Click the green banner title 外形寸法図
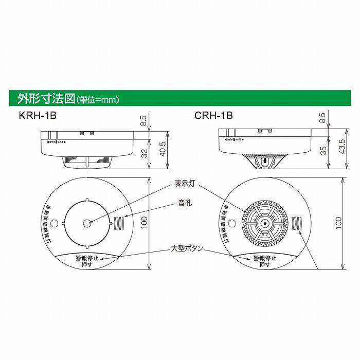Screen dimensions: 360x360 click(x=46, y=98)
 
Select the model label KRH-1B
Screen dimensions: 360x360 click(x=37, y=116)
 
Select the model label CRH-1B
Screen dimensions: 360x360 click(x=213, y=116)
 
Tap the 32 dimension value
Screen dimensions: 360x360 click(x=145, y=153)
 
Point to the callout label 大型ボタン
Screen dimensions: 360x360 click(x=188, y=248)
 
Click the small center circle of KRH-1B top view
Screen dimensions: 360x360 click(x=87, y=224)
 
